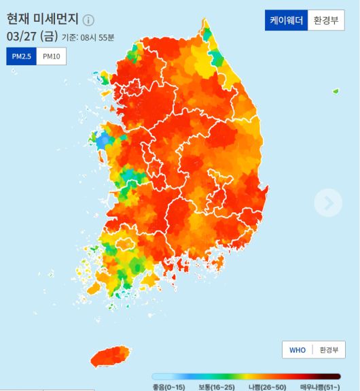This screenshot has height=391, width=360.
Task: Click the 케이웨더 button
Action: (x=286, y=20)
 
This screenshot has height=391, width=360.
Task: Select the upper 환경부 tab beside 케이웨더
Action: (x=327, y=20)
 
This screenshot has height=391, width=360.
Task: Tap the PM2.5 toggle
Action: (x=21, y=56)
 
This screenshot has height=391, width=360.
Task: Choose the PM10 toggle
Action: (x=52, y=56)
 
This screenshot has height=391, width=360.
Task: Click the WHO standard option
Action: (x=298, y=350)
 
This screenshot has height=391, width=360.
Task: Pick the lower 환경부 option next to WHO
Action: (x=329, y=350)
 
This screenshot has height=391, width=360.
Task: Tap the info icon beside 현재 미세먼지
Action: (x=89, y=20)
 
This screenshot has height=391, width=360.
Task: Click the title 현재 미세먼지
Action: (x=43, y=19)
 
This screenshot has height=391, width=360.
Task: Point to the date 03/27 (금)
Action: (x=31, y=36)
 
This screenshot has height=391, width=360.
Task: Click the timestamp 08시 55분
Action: (x=98, y=37)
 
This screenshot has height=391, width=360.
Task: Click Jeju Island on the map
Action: (x=115, y=356)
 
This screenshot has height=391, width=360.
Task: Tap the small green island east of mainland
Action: (x=335, y=91)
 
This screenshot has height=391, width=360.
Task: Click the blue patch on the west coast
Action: (x=102, y=141)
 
